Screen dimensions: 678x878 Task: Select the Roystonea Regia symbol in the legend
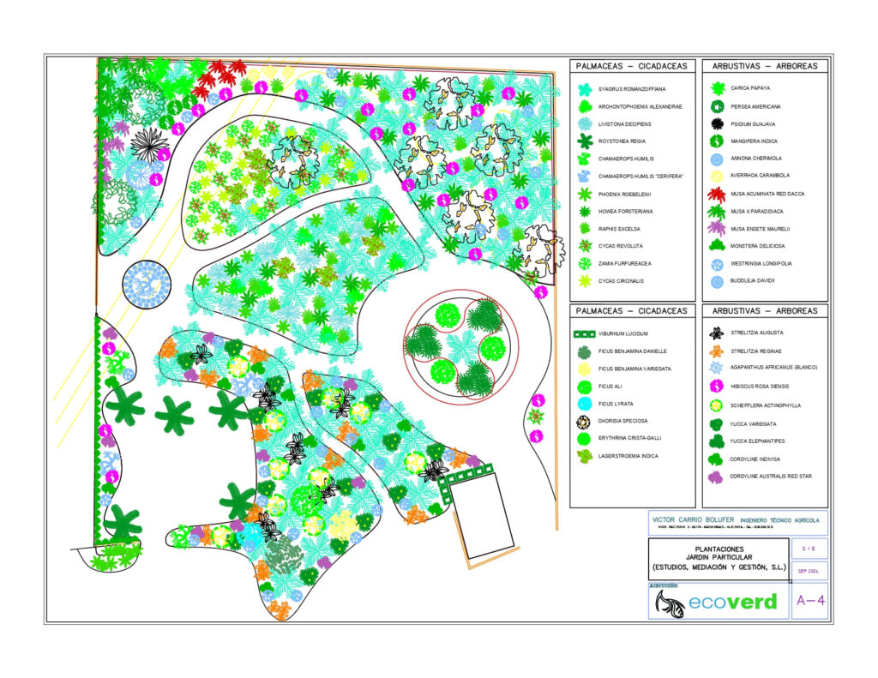[585, 141]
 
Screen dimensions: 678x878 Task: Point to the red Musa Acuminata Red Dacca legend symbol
[717, 194]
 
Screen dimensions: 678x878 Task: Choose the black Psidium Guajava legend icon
[717, 123]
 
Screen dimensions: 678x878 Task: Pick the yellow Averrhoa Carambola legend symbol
[717, 177]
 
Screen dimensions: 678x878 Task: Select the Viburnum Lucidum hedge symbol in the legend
[585, 333]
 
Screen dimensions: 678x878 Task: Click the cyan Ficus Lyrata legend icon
[585, 404]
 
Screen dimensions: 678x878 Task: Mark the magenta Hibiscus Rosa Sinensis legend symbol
[717, 386]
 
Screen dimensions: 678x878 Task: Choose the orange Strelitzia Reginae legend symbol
[717, 351]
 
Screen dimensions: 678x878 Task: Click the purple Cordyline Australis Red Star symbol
[717, 477]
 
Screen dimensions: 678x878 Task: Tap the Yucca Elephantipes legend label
[760, 441]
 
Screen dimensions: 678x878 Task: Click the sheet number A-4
[810, 601]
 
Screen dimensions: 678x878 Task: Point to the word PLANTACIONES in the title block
[719, 549]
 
